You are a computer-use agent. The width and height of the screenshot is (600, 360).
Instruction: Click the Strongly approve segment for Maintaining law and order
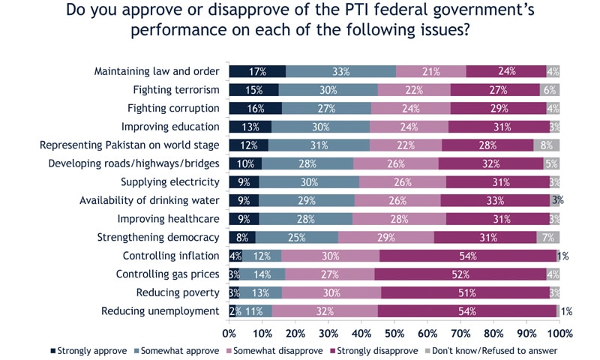pos(257,71)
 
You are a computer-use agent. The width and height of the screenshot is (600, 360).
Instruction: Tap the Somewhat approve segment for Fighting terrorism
pos(328,90)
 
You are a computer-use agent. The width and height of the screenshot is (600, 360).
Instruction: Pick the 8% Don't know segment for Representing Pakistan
pos(546,145)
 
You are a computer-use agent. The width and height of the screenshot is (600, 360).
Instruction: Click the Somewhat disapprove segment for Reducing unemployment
pos(325,310)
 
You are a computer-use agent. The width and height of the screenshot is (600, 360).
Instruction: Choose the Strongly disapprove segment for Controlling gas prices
pos(460,274)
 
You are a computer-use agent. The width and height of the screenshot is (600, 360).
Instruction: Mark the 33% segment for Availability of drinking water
pos(494,200)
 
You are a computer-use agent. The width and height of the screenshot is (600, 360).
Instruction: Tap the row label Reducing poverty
pos(180,292)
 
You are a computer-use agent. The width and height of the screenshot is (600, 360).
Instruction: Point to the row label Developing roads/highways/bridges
pos(133,163)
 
